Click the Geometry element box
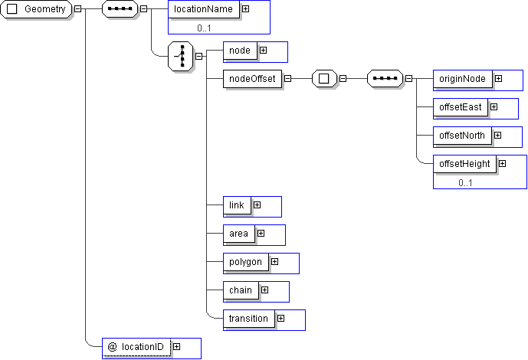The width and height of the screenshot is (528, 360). tap(37, 9)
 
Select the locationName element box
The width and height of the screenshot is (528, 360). tap(203, 9)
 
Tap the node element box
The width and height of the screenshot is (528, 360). tap(239, 50)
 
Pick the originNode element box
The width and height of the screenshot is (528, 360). tap(463, 78)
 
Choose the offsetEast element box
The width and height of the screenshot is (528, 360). tap(460, 106)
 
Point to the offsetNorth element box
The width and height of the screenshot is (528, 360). tap(462, 136)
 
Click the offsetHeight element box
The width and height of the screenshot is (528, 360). tap(464, 164)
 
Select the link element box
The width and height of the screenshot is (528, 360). tap(237, 205)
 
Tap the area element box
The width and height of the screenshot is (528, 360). tap(238, 233)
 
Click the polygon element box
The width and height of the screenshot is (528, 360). tap(245, 262)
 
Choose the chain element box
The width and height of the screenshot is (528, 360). tap(241, 290)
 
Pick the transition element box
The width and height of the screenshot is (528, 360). tap(248, 318)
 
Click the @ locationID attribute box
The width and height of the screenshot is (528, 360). tap(136, 347)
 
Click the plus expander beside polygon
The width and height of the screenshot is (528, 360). tap(274, 262)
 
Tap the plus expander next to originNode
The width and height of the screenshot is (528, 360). tap(498, 78)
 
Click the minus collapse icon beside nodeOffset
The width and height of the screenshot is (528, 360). tap(287, 78)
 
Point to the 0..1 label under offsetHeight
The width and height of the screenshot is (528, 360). tap(466, 183)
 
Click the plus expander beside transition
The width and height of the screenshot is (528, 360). tap(280, 318)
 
